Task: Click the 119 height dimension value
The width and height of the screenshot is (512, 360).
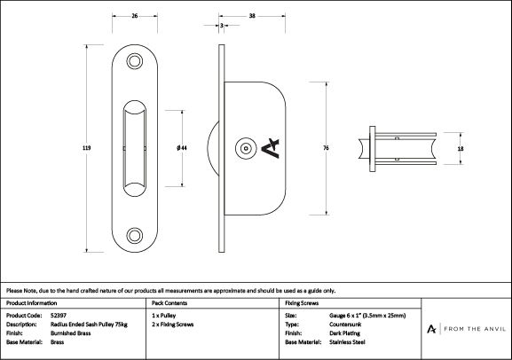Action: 87,148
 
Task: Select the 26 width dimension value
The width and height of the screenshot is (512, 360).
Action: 135,16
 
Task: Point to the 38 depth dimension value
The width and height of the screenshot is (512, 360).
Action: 252,16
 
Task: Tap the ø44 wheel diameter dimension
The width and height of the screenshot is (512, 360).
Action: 182,148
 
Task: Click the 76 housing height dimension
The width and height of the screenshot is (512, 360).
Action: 326,148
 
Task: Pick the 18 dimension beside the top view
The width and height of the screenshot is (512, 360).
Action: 461,149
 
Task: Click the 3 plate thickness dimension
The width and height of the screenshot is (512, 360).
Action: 222,25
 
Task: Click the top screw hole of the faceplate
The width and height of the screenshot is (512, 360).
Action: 135,61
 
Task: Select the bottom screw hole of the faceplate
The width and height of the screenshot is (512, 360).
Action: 135,235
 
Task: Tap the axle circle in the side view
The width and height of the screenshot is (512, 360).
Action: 246,148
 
